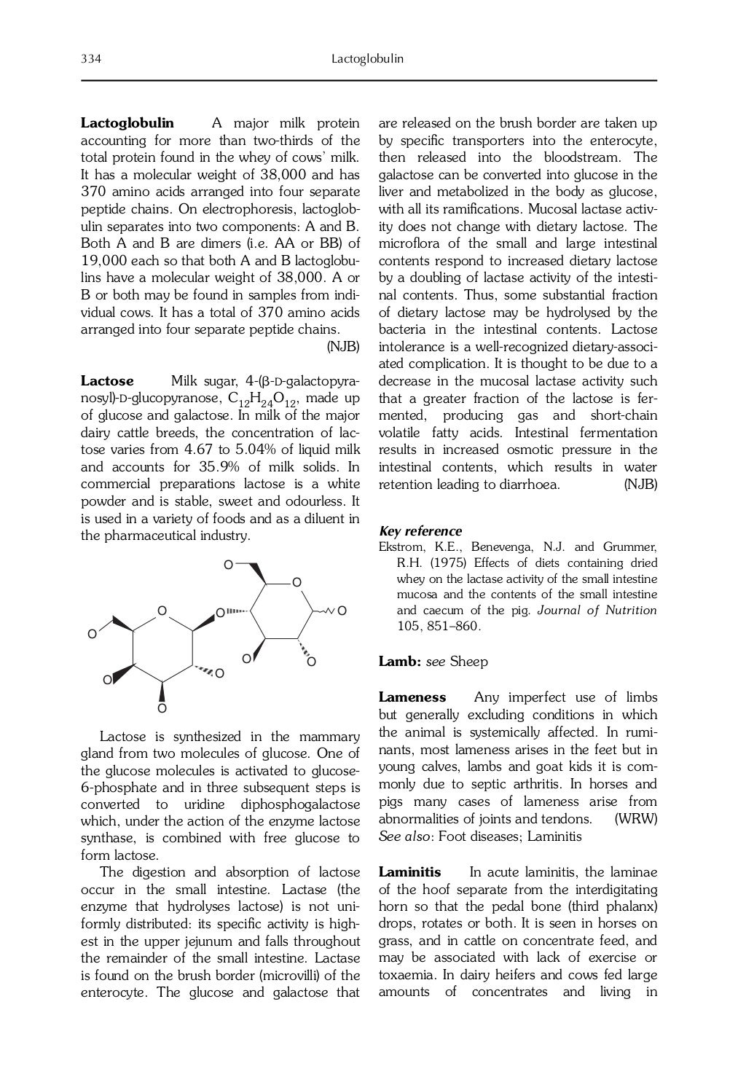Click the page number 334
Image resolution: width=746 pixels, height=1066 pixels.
(x=90, y=59)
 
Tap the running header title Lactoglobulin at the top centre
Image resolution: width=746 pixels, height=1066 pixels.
(x=367, y=59)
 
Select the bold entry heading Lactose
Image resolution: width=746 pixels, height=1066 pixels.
(x=107, y=381)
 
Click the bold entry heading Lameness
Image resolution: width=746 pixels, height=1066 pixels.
(x=412, y=697)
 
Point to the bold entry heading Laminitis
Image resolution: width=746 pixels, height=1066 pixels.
(x=409, y=872)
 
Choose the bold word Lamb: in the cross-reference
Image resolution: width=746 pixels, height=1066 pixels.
(x=400, y=662)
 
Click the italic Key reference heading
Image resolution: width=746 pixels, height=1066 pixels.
(x=420, y=531)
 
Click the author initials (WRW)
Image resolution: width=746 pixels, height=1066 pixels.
(x=636, y=819)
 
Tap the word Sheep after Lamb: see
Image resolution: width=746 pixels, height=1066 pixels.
(x=468, y=662)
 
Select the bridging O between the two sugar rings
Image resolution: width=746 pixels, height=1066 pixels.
(x=219, y=614)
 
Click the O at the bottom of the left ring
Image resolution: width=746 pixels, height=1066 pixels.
(x=162, y=708)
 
